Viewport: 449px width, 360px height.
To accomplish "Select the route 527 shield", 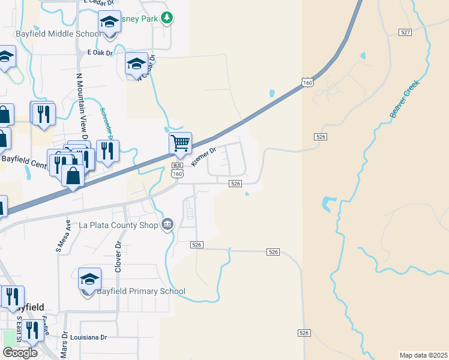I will (x=405, y=31).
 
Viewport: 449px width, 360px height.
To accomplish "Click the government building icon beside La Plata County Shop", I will (x=167, y=225).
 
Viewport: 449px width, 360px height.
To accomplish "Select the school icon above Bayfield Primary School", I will (x=89, y=280).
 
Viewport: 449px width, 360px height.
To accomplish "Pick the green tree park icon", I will (x=167, y=18).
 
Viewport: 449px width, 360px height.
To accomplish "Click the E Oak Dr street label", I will (x=100, y=53).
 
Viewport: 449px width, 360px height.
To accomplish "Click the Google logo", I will (x=20, y=353).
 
